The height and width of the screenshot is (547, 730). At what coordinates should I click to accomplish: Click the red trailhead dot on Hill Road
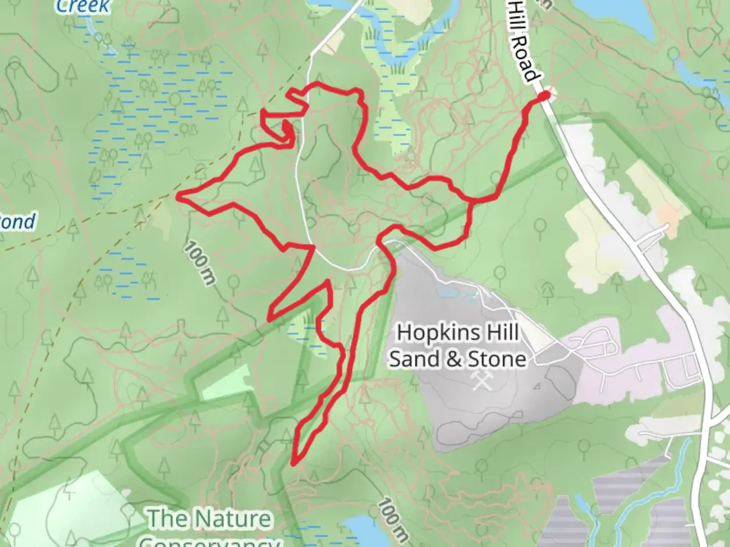click(x=544, y=96)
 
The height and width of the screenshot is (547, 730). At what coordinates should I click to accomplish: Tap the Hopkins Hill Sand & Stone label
click(x=458, y=345)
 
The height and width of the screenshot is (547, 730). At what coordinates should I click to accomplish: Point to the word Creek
click(x=82, y=6)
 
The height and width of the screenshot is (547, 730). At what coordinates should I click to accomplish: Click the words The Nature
click(x=209, y=519)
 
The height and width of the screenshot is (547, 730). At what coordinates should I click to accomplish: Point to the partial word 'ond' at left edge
click(x=18, y=222)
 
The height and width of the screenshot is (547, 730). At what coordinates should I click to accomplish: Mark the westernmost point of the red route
click(x=178, y=196)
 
